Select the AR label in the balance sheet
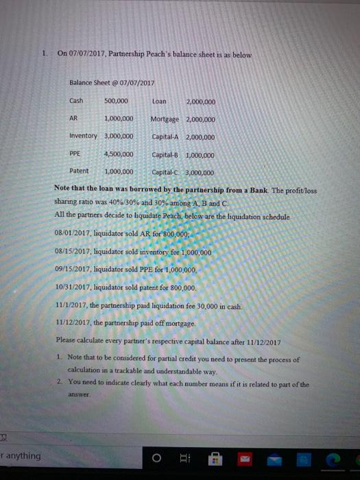[x=74, y=119]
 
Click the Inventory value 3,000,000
[x=118, y=136]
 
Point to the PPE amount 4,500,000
[x=118, y=154]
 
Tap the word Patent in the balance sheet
[x=79, y=171]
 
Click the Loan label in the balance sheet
[x=159, y=101]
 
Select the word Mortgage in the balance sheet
[x=165, y=119]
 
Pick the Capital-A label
[x=167, y=136]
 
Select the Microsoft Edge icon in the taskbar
[x=335, y=458]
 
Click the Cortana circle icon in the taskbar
[x=156, y=458]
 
